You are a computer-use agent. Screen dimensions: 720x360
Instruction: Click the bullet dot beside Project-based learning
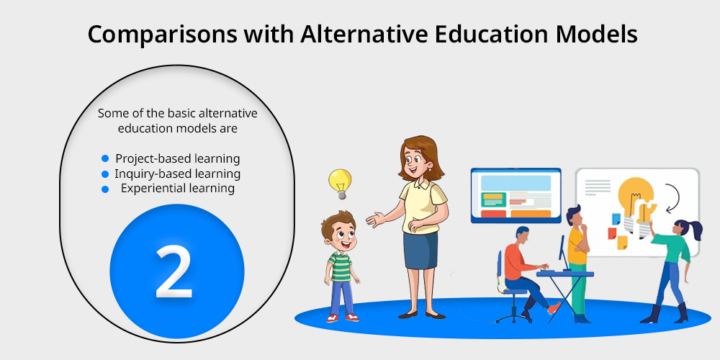click(105, 158)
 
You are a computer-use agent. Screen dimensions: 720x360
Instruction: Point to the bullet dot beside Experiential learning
click(105, 189)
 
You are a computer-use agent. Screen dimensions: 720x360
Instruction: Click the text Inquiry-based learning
click(177, 174)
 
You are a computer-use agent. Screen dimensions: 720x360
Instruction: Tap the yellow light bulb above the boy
click(341, 183)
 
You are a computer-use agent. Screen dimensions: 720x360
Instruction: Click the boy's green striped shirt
click(341, 266)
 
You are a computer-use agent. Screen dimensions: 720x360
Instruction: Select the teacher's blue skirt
click(420, 250)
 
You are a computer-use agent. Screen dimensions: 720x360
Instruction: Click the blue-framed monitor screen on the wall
click(516, 195)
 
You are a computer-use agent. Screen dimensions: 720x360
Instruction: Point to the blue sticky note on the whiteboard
click(616, 219)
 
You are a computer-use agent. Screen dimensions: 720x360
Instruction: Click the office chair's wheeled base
click(513, 316)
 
